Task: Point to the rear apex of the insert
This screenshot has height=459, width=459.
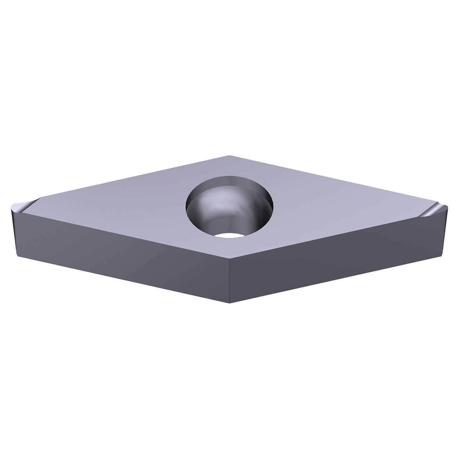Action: tap(229, 156)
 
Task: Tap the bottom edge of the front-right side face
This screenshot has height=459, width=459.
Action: tap(337, 280)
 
